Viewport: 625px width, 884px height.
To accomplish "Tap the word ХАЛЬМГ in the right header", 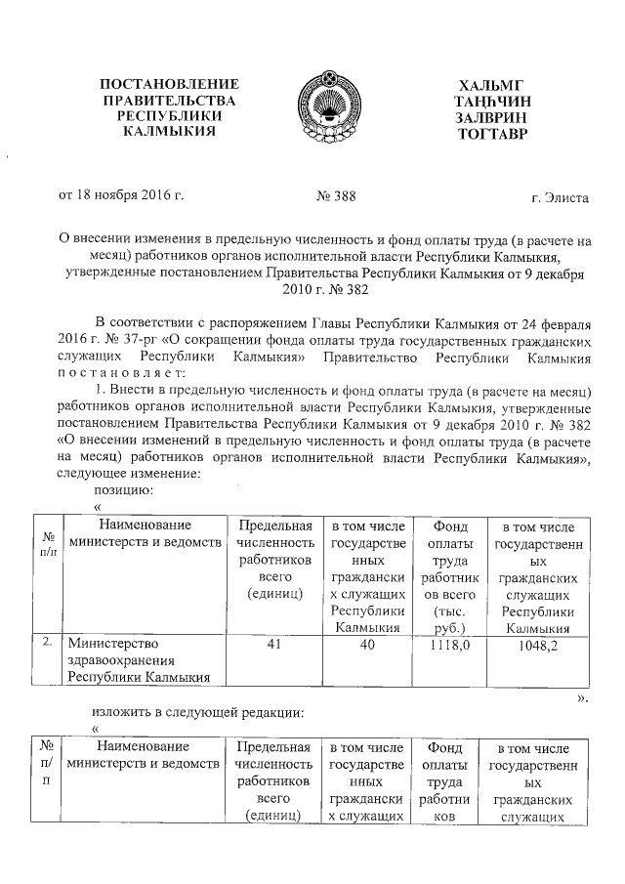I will click(491, 85).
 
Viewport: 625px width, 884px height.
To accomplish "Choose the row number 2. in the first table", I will click(47, 645).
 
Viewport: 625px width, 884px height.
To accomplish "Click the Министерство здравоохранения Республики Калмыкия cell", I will click(137, 661).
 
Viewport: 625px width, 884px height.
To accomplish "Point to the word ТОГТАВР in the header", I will click(491, 131).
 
